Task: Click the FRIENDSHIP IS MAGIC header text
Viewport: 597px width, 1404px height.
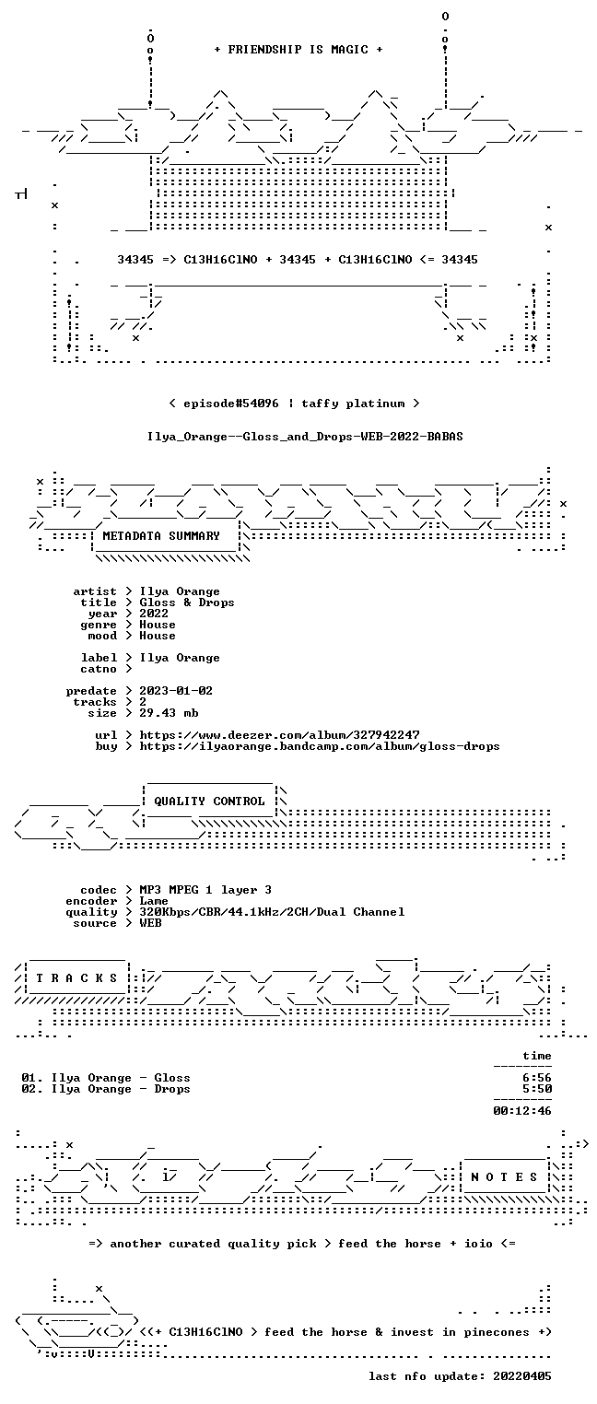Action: [x=298, y=50]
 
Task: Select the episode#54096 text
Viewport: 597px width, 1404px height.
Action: [x=231, y=404]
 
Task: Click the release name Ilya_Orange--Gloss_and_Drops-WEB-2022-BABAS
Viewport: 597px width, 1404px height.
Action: [x=305, y=437]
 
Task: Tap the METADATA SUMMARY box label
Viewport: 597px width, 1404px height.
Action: [x=161, y=536]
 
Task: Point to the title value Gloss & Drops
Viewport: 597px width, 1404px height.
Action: [x=187, y=603]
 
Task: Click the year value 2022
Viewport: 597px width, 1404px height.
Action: [x=154, y=614]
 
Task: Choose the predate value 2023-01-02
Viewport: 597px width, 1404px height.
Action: [x=176, y=691]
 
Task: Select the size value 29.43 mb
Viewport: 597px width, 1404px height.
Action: [x=169, y=713]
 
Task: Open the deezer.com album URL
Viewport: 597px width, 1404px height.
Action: [x=280, y=734]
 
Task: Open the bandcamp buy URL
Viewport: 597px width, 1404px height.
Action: [x=320, y=746]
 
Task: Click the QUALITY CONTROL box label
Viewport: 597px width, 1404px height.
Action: [x=209, y=801]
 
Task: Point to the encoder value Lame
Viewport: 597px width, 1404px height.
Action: [x=154, y=901]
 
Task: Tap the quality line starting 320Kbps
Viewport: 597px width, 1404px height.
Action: [x=272, y=912]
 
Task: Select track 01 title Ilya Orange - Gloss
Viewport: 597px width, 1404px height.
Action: [x=121, y=1078]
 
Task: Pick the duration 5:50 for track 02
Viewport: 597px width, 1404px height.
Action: [x=537, y=1089]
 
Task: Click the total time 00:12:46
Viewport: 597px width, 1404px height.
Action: [x=522, y=1111]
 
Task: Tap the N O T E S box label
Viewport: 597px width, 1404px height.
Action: [x=504, y=1177]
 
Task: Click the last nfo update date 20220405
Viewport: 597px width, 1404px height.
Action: [x=522, y=1376]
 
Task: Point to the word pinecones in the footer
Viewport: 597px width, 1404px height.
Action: [x=497, y=1332]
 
